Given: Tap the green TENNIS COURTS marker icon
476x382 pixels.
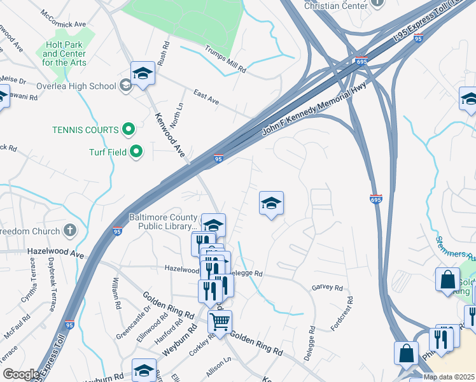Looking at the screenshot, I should [x=129, y=130].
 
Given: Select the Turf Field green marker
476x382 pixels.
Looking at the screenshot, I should [x=136, y=152].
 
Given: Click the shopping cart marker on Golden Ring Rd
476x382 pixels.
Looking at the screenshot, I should [x=220, y=322].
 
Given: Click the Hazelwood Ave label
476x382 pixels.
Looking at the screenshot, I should [x=56, y=253].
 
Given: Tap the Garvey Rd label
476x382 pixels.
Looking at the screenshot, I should [x=327, y=287].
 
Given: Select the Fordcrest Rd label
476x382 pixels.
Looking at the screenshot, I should [x=342, y=313].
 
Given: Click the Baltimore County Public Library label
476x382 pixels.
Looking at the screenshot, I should [x=163, y=221].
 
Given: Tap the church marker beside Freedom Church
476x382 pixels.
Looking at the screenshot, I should [x=70, y=230].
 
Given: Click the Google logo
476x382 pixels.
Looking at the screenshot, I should [x=21, y=374].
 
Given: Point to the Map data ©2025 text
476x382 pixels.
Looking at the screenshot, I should [x=449, y=377].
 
